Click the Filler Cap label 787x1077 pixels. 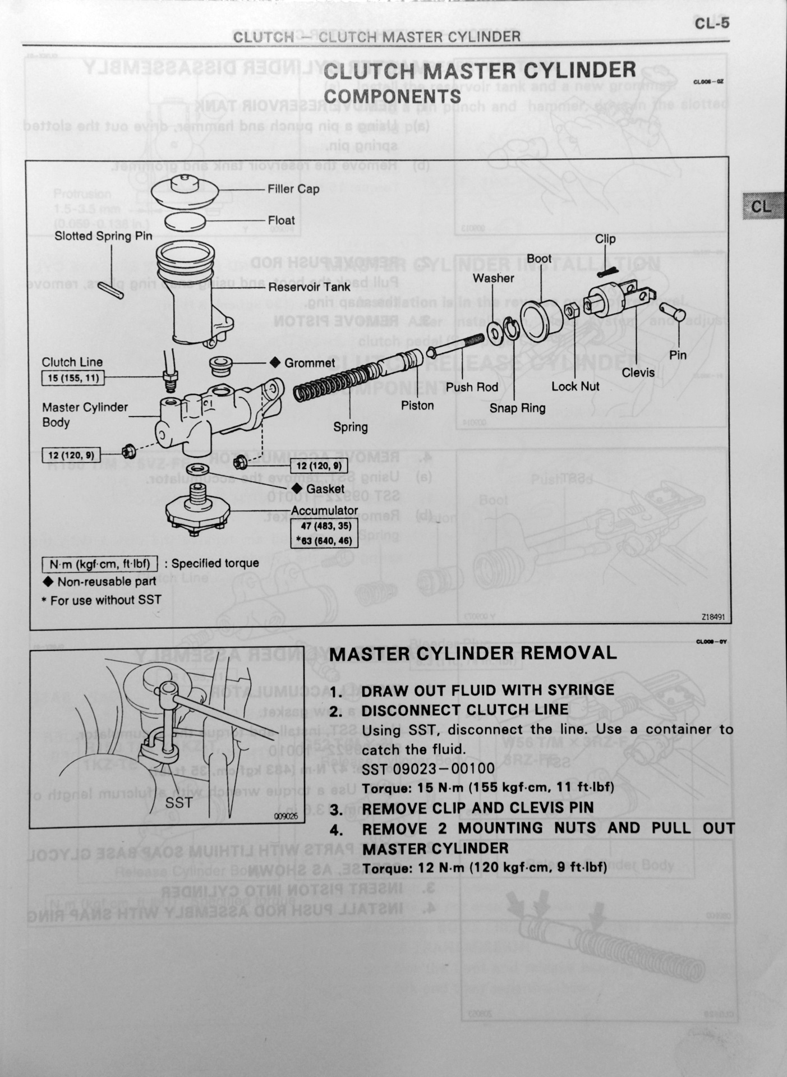tap(293, 189)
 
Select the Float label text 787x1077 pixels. tap(281, 220)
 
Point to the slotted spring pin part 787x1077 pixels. tap(111, 291)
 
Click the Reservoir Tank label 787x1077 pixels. tap(309, 287)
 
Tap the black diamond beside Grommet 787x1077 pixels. tap(275, 362)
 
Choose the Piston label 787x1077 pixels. tap(417, 406)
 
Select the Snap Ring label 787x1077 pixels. tap(517, 408)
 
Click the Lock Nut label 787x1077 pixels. tap(575, 386)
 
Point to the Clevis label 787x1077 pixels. tap(638, 372)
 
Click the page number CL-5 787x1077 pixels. tap(711, 23)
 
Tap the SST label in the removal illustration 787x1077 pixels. tap(178, 803)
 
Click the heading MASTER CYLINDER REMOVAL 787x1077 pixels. tap(473, 653)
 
